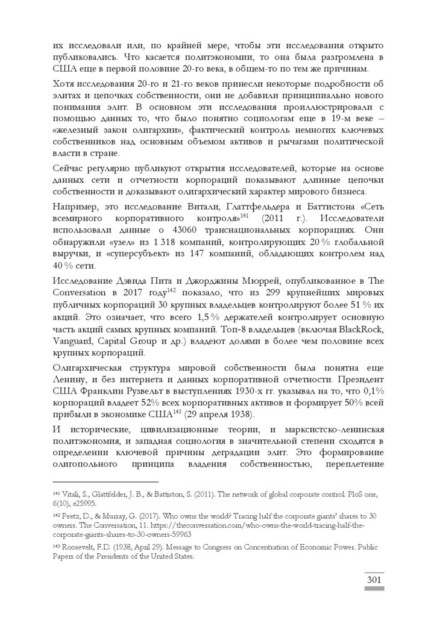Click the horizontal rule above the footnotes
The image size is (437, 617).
105,481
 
